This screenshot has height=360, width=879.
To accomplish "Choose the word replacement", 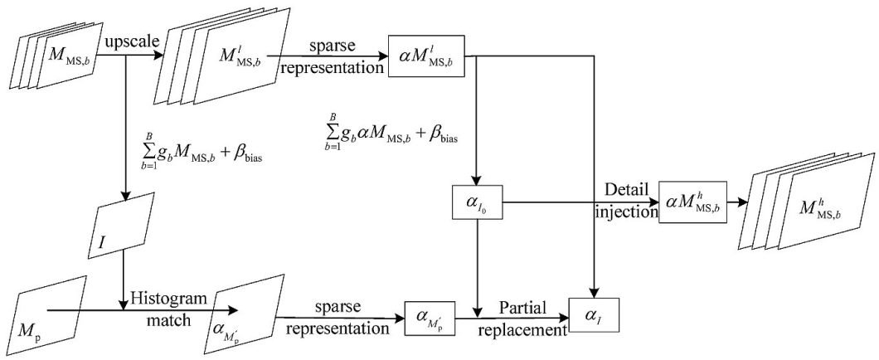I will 522,329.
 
